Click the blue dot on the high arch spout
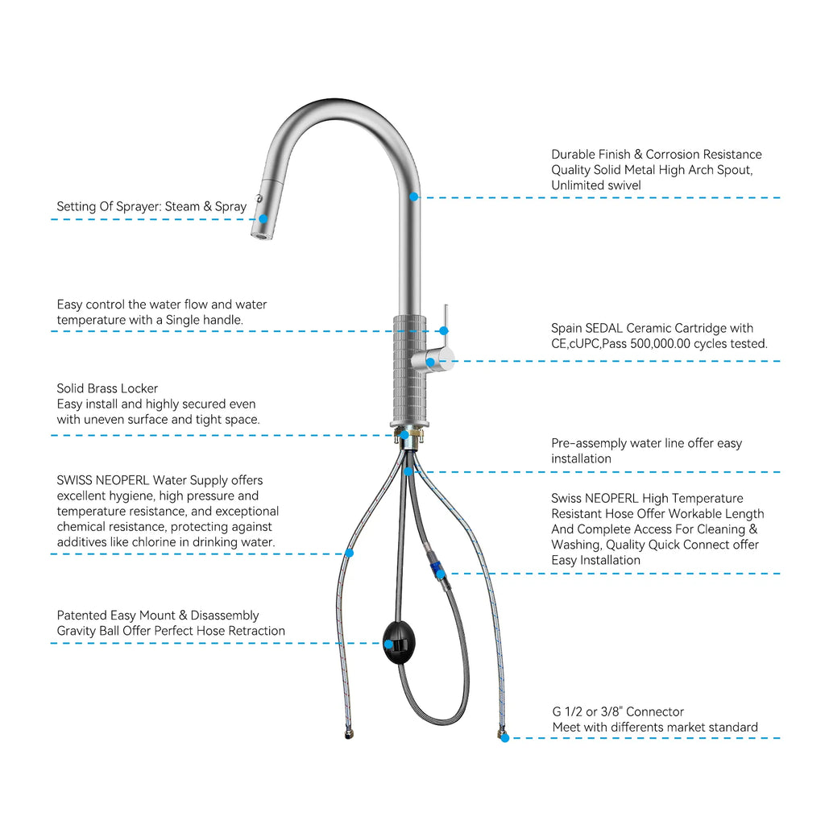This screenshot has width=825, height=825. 413,197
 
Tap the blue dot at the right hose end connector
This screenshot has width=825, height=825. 504,737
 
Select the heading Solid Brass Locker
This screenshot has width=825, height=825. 107,388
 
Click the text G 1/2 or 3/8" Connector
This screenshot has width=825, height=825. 618,711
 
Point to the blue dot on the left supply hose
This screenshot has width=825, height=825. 349,553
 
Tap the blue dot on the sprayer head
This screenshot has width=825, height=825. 263,218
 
